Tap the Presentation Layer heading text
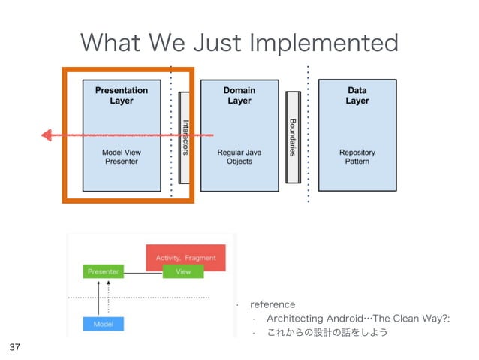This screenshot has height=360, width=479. (121, 95)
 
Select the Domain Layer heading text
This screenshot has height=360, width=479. (239, 95)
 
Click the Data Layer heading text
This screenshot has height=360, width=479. (357, 95)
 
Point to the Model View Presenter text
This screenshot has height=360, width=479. (121, 156)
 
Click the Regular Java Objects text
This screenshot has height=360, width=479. (239, 156)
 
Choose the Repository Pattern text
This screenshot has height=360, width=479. (357, 156)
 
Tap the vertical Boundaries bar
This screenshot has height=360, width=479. (293, 136)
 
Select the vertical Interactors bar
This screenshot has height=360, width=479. (185, 137)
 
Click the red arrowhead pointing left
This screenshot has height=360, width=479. (47, 135)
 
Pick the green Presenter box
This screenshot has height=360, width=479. (103, 271)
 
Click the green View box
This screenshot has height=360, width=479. (183, 271)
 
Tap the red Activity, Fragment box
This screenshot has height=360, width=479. (185, 258)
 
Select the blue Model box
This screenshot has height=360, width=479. (103, 324)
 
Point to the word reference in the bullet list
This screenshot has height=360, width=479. (272, 304)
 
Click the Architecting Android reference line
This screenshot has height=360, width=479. (352, 318)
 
